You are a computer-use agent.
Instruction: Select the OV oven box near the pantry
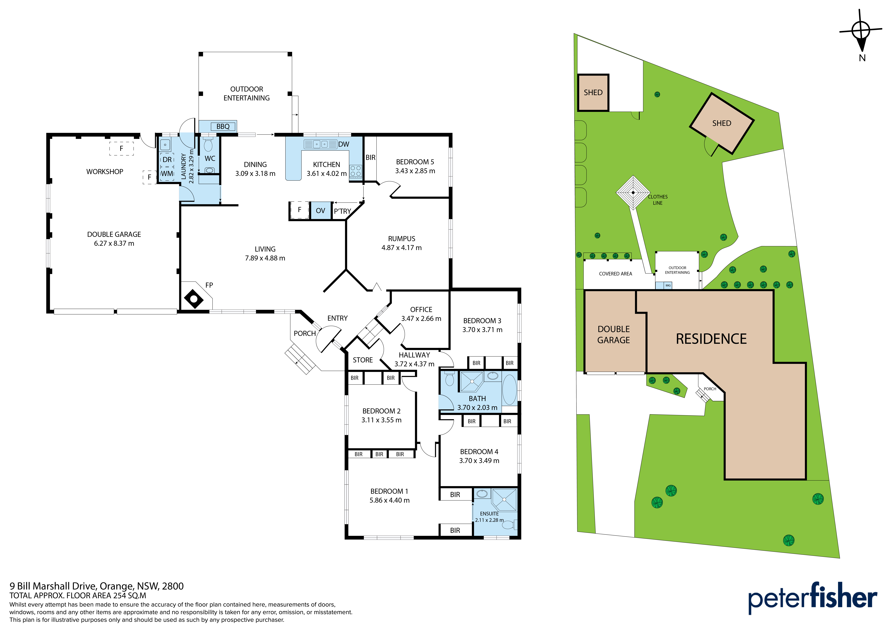coord(321,211)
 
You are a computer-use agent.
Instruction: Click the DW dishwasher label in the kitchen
coord(344,144)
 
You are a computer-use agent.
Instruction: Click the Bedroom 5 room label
coord(415,162)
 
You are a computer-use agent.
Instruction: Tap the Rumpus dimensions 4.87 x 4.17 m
coord(402,248)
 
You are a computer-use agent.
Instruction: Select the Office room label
coord(421,309)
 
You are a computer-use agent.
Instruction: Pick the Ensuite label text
coord(489,514)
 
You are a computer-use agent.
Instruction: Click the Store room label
coord(363,360)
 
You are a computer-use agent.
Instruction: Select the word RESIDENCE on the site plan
coord(711,339)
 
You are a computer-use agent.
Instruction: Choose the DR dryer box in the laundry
coord(167,160)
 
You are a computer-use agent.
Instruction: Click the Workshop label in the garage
coord(105,172)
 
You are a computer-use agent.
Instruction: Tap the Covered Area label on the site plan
coord(615,274)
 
